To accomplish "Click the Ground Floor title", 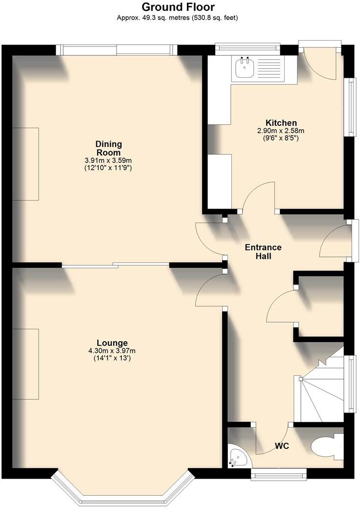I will pyautogui.click(x=178, y=7).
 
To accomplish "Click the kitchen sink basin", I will pyautogui.click(x=244, y=68).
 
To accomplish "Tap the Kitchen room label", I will pyautogui.click(x=281, y=122).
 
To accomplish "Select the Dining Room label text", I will pyautogui.click(x=108, y=148).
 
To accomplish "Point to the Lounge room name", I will pyautogui.click(x=112, y=343).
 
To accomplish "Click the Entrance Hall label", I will pyautogui.click(x=264, y=252).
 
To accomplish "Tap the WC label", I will pyautogui.click(x=281, y=446).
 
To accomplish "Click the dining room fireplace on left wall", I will pyautogui.click(x=25, y=164).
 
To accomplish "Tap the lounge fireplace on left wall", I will pyautogui.click(x=25, y=364).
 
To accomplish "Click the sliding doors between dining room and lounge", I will pyautogui.click(x=115, y=265).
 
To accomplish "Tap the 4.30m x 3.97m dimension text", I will pyautogui.click(x=112, y=350).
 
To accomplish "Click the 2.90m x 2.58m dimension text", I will pyautogui.click(x=281, y=131).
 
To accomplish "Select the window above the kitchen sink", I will pyautogui.click(x=247, y=47).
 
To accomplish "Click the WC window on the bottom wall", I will pyautogui.click(x=279, y=473).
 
